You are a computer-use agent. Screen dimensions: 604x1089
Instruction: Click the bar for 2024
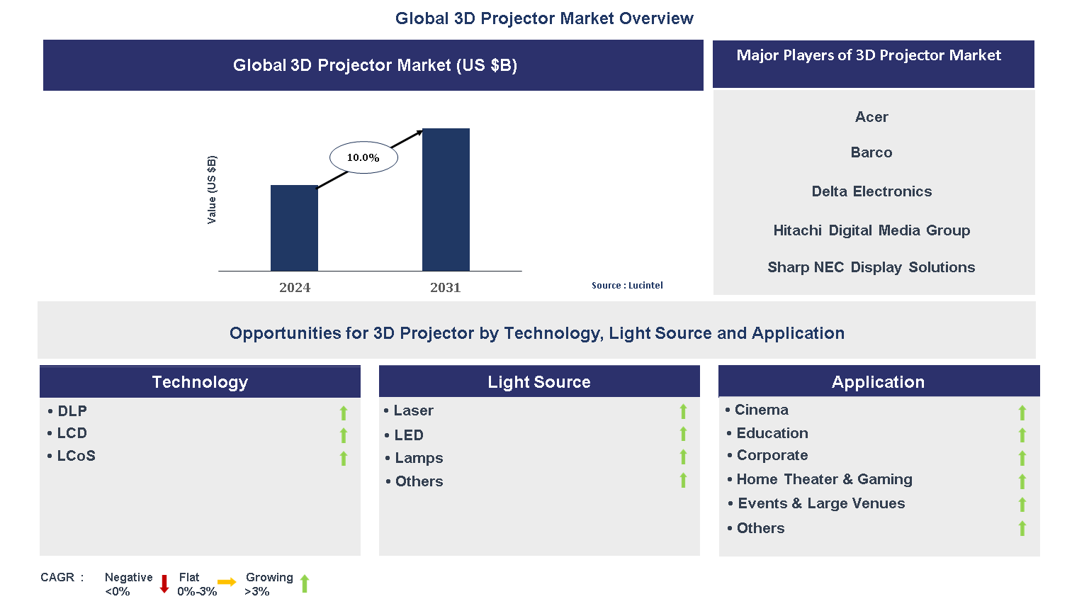(x=294, y=228)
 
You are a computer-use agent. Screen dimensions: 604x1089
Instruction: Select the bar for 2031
(x=446, y=199)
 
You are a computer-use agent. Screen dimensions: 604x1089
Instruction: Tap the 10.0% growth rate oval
(x=363, y=157)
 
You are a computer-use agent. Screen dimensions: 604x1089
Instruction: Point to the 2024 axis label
(x=295, y=287)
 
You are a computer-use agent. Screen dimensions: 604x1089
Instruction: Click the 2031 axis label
(x=445, y=287)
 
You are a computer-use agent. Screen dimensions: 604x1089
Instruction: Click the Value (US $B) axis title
(x=212, y=190)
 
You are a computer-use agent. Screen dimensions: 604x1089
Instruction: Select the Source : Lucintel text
(x=627, y=286)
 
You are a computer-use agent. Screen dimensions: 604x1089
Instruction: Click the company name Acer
(x=871, y=117)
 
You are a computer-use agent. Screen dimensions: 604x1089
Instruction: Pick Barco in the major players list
(x=871, y=152)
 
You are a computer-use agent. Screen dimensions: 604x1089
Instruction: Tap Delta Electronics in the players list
(x=871, y=191)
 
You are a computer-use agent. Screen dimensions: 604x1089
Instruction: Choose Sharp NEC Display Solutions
(x=871, y=267)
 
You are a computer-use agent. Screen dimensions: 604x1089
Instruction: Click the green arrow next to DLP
(x=344, y=413)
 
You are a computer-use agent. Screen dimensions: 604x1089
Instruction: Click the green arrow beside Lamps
(x=683, y=457)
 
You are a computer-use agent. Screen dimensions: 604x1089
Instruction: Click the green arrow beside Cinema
(x=1022, y=413)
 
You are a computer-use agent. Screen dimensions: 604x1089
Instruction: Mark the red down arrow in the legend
(x=164, y=584)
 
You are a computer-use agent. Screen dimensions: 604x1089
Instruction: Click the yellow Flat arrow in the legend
(x=227, y=583)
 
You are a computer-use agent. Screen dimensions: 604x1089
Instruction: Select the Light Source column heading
(x=539, y=382)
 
